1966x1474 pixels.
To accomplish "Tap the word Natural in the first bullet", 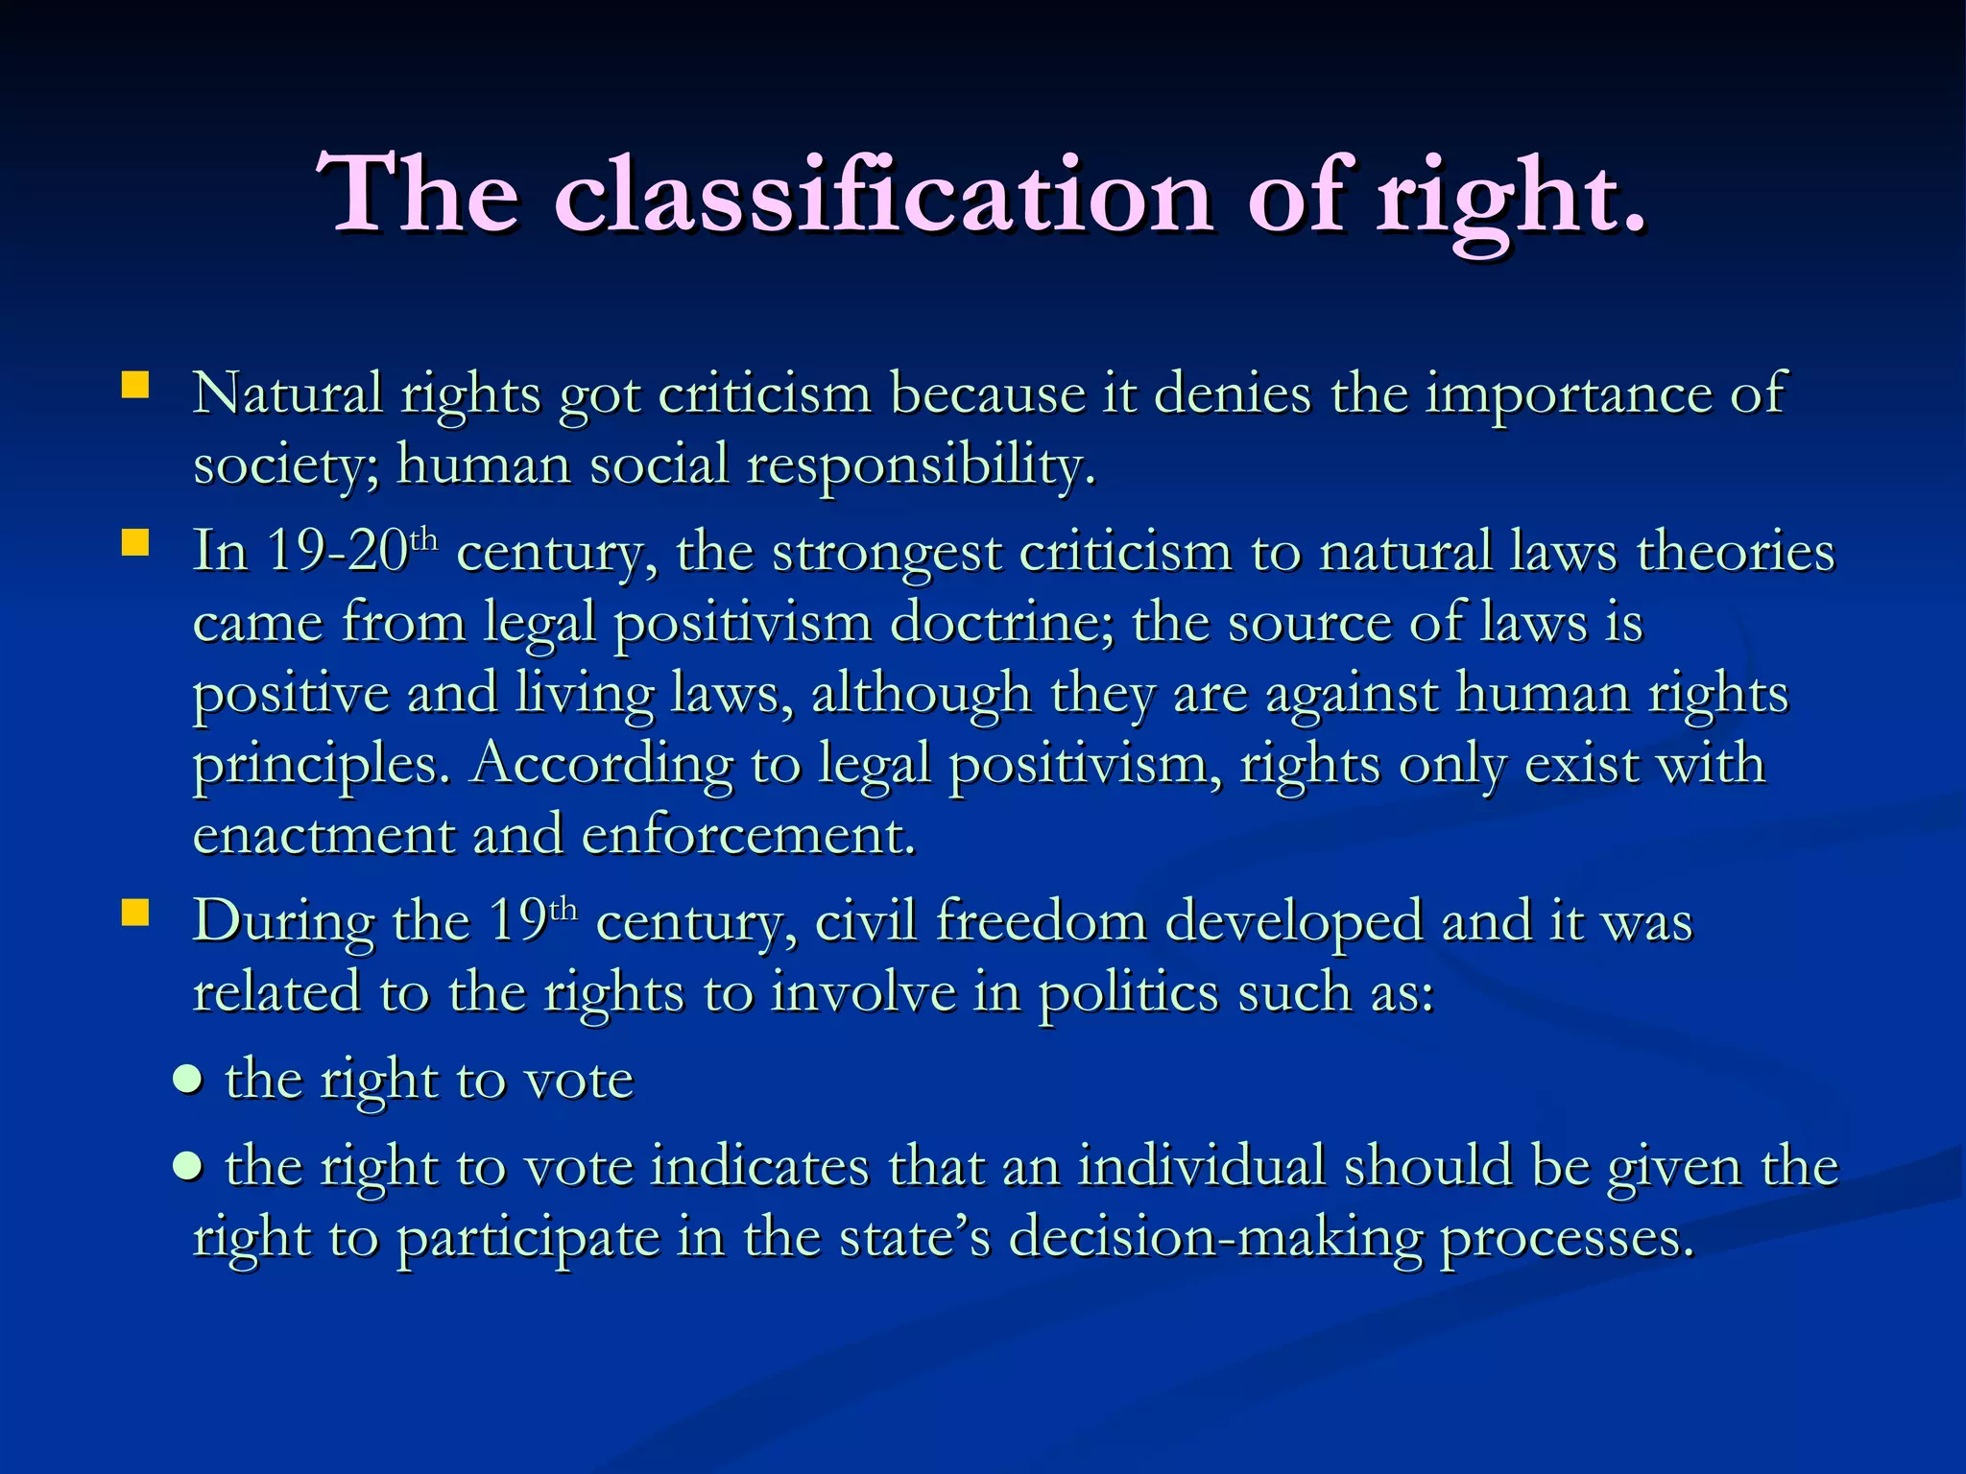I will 287,392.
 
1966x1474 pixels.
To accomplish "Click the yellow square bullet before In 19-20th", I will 135,544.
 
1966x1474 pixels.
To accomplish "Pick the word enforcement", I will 749,834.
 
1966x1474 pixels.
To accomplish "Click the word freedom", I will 1041,920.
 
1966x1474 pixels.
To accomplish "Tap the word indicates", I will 759,1167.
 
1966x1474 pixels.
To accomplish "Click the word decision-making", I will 1215,1237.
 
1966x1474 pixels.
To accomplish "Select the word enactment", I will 324,834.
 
